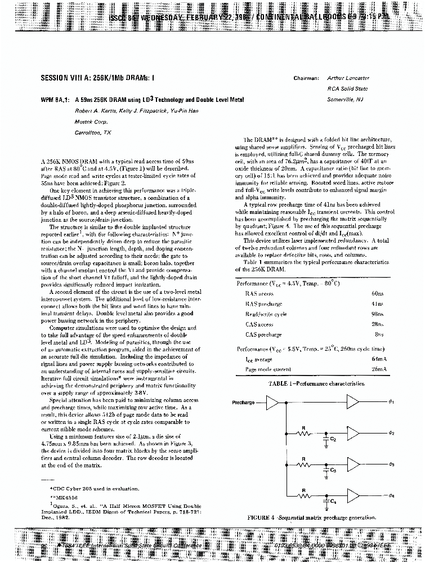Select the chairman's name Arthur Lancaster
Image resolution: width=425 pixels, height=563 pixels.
pyautogui.click(x=348, y=79)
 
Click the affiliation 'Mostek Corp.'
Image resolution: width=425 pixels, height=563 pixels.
pyautogui.click(x=91, y=121)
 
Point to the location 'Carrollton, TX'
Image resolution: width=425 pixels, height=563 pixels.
pyautogui.click(x=93, y=132)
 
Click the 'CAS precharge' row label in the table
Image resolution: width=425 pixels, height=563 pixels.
pyautogui.click(x=263, y=334)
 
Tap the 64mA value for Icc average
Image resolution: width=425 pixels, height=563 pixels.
pyautogui.click(x=379, y=359)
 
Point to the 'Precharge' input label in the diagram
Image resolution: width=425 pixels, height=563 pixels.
pyautogui.click(x=243, y=402)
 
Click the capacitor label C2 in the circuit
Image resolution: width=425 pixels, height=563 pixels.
pyautogui.click(x=333, y=437)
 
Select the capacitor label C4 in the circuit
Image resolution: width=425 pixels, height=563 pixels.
pyautogui.click(x=333, y=501)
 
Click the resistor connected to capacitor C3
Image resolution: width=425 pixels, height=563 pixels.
pyautogui.click(x=304, y=464)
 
